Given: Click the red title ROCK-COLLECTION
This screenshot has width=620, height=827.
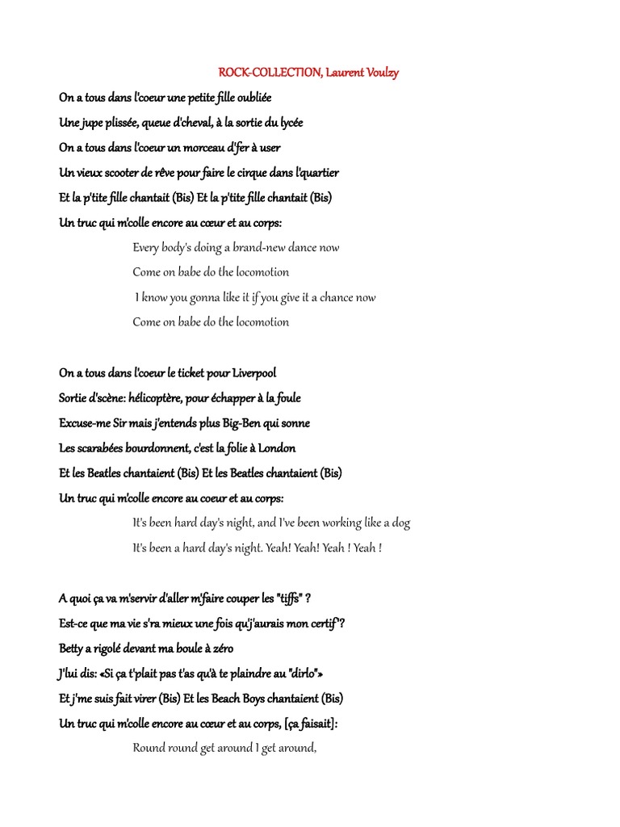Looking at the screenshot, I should click(269, 73).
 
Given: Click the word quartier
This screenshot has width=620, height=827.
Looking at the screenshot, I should click(317, 173).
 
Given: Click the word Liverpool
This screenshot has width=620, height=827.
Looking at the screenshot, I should click(254, 373).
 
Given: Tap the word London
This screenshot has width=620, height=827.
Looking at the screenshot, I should click(277, 448).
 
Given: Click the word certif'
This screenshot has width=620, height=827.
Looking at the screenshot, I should click(324, 623).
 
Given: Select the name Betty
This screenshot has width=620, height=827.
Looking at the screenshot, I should click(73, 649).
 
